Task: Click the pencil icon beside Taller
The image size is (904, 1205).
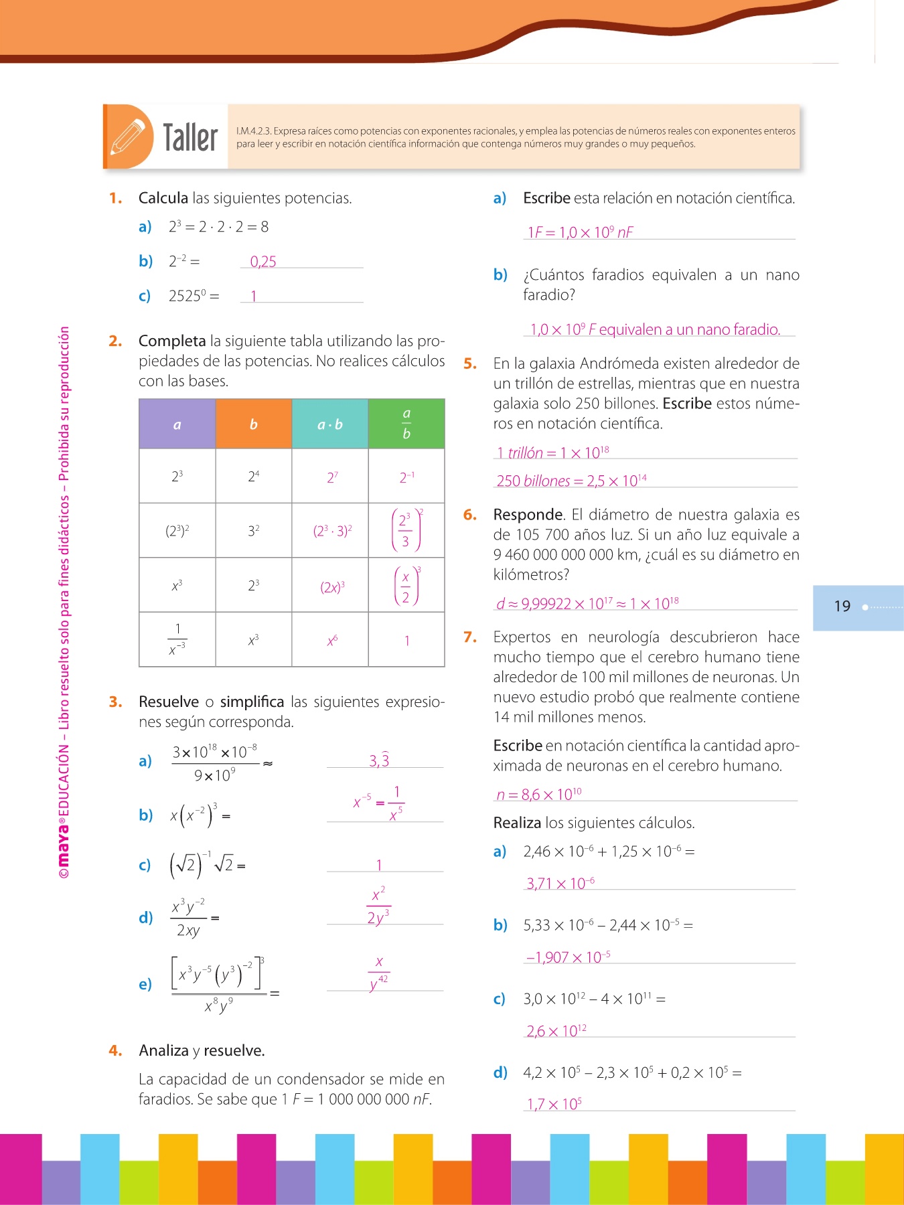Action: [128, 137]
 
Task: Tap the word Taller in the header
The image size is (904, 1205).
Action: [191, 138]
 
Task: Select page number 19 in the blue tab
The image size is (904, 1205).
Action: [842, 607]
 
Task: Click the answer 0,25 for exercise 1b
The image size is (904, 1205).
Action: [263, 262]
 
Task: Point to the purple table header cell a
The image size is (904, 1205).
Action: [177, 424]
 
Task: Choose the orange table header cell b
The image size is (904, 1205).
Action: [254, 424]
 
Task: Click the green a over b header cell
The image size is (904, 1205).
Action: [406, 424]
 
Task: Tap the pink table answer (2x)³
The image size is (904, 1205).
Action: [333, 587]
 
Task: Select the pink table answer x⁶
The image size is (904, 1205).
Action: [333, 641]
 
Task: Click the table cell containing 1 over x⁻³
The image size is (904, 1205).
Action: [177, 639]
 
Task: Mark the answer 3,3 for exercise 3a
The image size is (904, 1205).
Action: [379, 760]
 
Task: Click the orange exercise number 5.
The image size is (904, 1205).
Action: [470, 364]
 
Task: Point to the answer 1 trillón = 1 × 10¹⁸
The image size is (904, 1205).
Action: [553, 453]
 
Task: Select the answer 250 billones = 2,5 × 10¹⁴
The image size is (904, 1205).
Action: [572, 481]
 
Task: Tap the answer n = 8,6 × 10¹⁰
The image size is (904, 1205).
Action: [539, 795]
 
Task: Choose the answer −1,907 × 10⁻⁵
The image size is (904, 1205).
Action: [569, 957]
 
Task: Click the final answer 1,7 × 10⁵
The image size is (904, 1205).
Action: [554, 1104]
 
